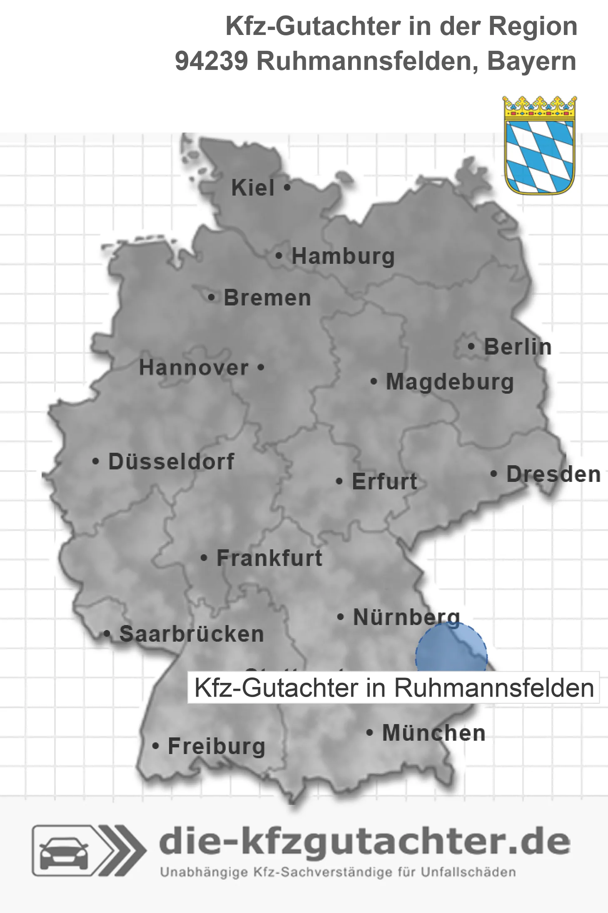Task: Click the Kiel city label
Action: point(253,188)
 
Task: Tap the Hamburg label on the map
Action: point(343,256)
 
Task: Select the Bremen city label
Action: point(267,298)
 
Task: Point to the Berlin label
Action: point(518,347)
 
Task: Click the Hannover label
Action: point(194,368)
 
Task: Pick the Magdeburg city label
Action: point(450,382)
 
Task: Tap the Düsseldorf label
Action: point(171,461)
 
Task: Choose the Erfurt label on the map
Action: point(384,481)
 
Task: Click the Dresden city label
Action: point(553,474)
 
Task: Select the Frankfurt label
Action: point(269,558)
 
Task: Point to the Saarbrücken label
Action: point(192,634)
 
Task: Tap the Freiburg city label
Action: point(216,746)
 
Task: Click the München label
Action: point(434,733)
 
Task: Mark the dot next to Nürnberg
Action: point(341,617)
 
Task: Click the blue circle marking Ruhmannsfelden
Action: point(451,649)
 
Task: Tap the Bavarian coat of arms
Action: point(540,145)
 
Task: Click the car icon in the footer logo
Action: point(64,850)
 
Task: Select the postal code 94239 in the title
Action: point(211,61)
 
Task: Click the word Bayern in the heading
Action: point(532,61)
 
